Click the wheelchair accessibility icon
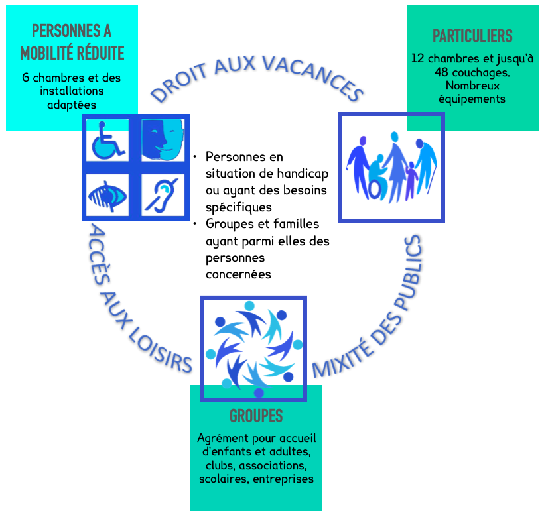tap(107, 141)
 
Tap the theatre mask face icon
tap(162, 139)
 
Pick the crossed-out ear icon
tap(161, 194)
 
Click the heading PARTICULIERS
tap(472, 36)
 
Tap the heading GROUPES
tap(256, 416)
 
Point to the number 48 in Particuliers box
tap(442, 72)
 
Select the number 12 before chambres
tap(418, 58)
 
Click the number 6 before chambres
tap(26, 78)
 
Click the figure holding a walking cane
tap(425, 166)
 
